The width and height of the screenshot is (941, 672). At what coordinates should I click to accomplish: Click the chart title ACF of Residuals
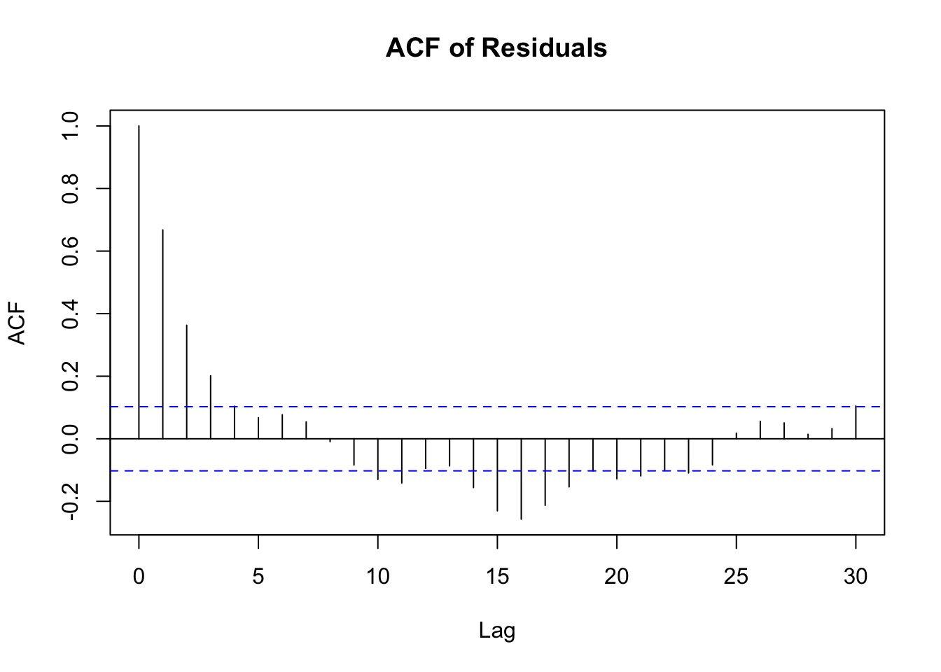[x=496, y=48]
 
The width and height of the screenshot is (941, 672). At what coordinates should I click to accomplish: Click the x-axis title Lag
[x=496, y=631]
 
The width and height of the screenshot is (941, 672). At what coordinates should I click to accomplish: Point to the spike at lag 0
[x=139, y=280]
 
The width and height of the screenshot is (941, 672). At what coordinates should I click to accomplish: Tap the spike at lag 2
[x=187, y=381]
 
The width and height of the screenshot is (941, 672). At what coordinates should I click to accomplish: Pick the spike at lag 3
[x=211, y=407]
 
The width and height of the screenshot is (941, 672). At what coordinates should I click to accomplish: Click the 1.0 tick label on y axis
[x=71, y=126]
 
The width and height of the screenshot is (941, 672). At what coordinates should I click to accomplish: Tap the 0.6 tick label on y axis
[x=71, y=251]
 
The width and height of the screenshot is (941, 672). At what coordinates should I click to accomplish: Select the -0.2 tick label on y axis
[x=71, y=500]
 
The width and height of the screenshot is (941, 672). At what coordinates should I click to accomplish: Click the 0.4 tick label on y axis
[x=71, y=314]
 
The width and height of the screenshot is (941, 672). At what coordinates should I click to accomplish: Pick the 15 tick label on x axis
[x=497, y=577]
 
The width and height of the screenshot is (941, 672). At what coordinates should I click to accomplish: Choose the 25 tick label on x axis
[x=736, y=577]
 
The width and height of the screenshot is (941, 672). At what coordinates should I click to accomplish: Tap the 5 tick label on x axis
[x=258, y=577]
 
